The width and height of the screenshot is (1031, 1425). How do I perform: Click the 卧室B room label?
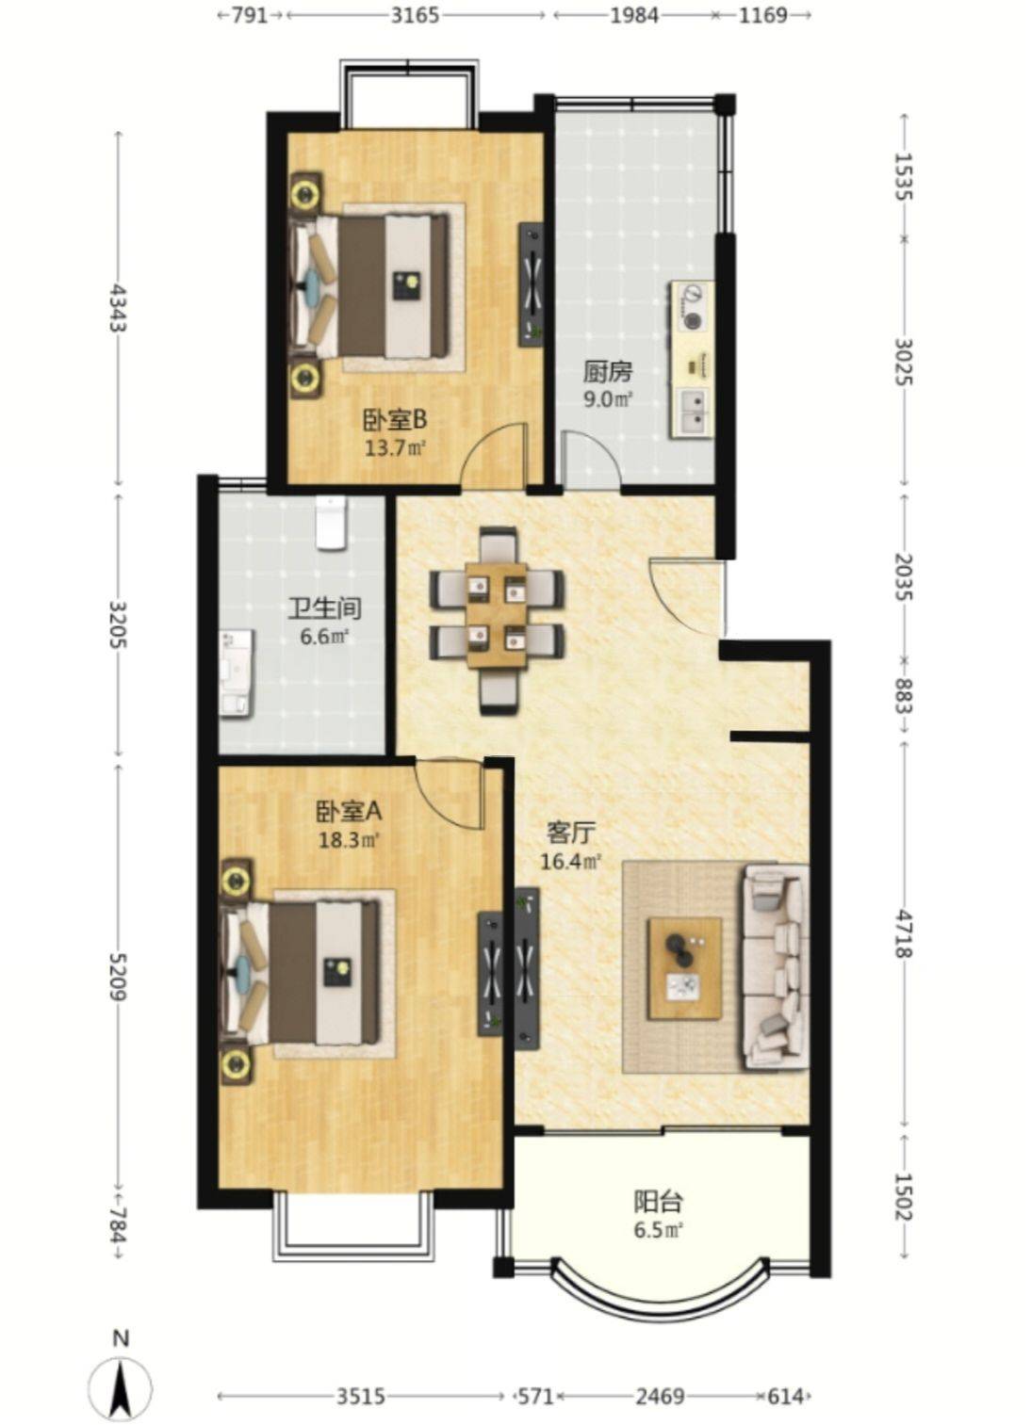pos(395,420)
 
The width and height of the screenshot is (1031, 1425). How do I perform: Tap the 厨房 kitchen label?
pos(609,371)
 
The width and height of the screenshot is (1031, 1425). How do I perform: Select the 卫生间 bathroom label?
pos(324,608)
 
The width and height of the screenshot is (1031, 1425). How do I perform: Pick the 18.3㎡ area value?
pos(349,841)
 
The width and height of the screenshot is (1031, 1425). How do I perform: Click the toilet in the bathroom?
pos(330,524)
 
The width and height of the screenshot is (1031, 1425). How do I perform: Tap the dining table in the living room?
pos(497,615)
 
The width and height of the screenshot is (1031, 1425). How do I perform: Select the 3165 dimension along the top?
pos(415,15)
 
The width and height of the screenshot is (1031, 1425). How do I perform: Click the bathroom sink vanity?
pos(237,672)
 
